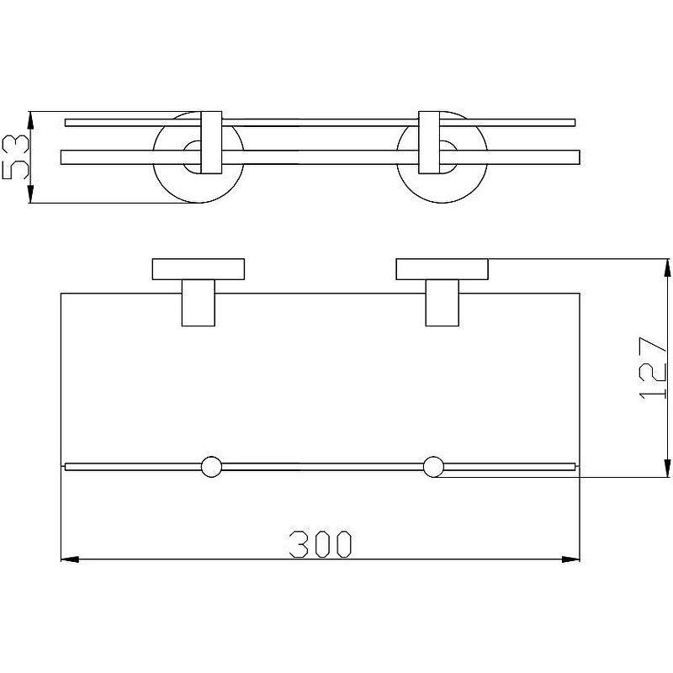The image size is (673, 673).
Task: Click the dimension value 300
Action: (321, 543)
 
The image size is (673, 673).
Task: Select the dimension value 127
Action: (653, 368)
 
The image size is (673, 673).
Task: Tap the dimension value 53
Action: (16, 156)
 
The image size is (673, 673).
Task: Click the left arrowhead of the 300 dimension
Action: (70, 559)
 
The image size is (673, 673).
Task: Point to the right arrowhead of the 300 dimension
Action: (571, 559)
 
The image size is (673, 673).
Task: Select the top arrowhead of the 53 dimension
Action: (30, 120)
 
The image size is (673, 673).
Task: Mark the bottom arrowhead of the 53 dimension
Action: (30, 193)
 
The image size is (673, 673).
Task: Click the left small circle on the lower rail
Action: (212, 467)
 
